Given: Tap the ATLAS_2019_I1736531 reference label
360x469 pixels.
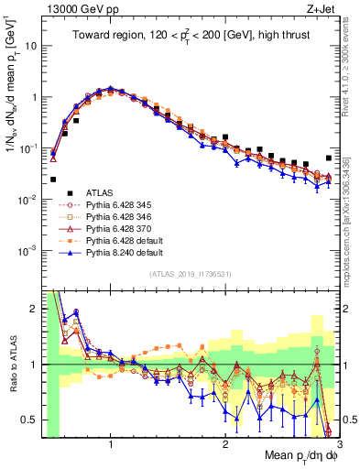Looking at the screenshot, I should (x=190, y=275).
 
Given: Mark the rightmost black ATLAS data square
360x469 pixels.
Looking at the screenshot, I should (x=329, y=158).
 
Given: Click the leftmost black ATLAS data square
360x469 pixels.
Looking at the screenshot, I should (x=53, y=180).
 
